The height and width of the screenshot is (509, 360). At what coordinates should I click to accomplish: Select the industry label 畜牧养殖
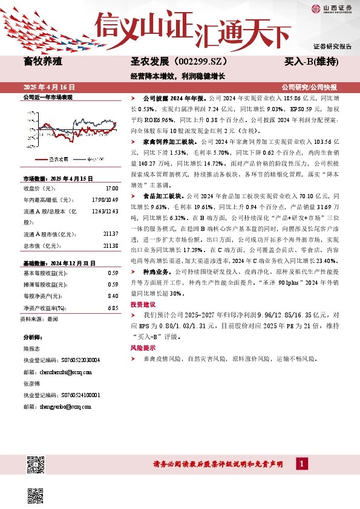click(42, 61)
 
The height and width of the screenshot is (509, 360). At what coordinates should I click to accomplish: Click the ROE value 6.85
click(111, 308)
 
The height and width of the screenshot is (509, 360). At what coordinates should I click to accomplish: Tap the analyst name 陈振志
click(31, 349)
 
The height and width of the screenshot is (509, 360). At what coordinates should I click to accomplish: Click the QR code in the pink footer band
click(35, 464)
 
